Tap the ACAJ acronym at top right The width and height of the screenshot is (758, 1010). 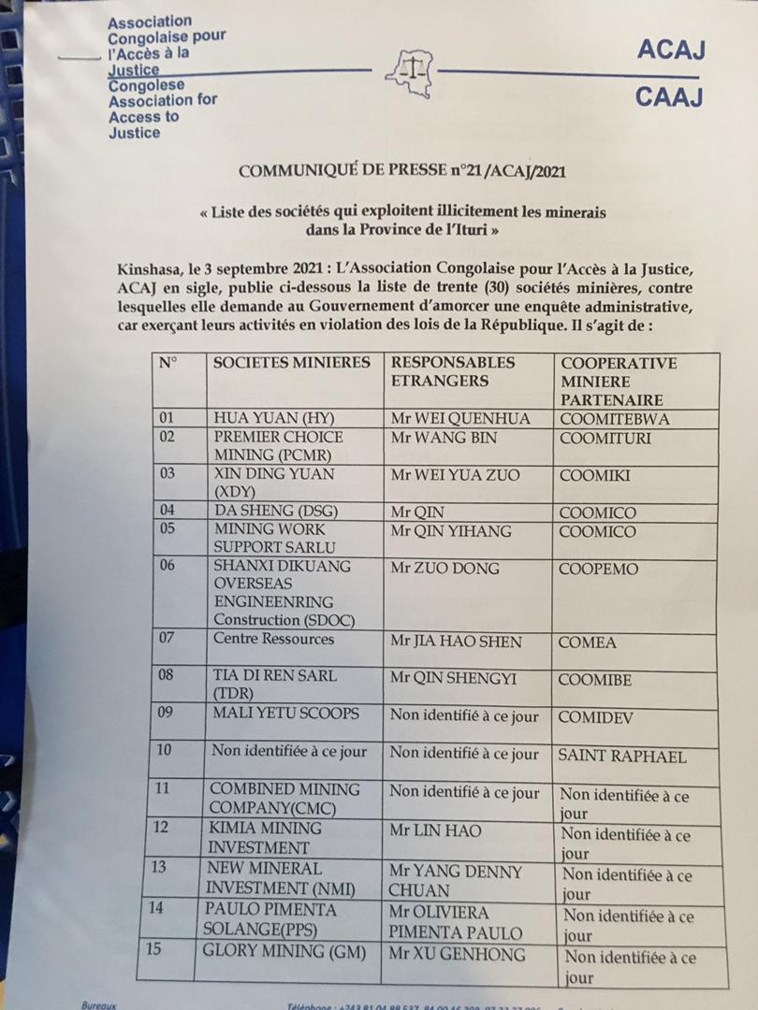(x=669, y=50)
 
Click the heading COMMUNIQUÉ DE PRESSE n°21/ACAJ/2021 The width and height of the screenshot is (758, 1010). (x=402, y=171)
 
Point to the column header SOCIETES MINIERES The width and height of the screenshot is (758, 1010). (x=292, y=363)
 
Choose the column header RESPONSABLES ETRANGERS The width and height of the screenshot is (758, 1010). (x=453, y=371)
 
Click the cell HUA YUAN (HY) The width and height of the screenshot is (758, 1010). (x=274, y=418)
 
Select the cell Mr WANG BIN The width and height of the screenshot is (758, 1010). (x=444, y=437)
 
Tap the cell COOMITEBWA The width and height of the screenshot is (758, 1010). (x=614, y=420)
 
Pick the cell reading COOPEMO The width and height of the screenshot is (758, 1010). (x=599, y=569)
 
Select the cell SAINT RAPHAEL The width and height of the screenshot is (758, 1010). (x=621, y=757)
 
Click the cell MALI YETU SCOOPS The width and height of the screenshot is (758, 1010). (x=286, y=713)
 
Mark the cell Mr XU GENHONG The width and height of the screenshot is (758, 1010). (x=458, y=955)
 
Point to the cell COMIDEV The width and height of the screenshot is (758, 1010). (x=596, y=715)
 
